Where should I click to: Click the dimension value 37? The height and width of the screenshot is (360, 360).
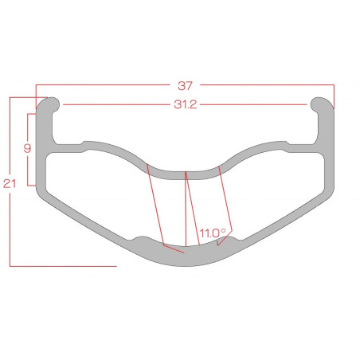coord(185,86)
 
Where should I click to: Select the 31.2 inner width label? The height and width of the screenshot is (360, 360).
coord(186,104)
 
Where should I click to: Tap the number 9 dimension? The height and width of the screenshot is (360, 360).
coord(27,148)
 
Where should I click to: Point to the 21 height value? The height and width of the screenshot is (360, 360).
coord(10,183)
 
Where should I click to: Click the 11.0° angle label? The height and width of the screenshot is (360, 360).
coord(213,233)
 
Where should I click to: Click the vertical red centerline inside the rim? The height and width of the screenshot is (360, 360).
coord(186,209)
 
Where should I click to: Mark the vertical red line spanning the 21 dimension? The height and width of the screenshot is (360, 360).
coord(10,182)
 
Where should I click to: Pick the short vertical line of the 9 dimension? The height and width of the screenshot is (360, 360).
coord(28,150)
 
